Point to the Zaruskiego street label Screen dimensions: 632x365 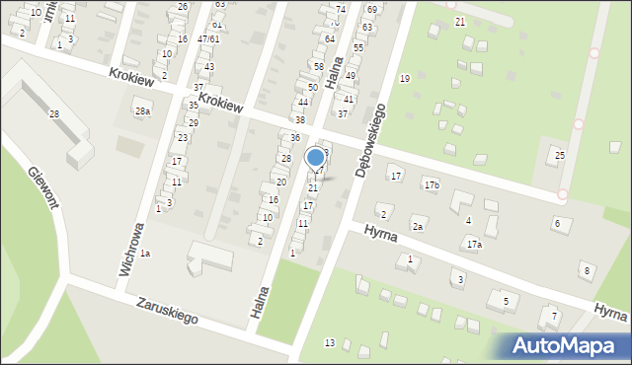click(x=168, y=312)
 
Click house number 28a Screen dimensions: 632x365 click(x=143, y=110)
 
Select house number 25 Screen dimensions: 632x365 click(x=560, y=156)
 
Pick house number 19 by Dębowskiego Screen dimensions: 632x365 click(x=404, y=78)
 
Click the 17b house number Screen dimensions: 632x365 click(x=432, y=184)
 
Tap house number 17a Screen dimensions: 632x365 click(x=474, y=244)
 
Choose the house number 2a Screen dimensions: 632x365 click(x=418, y=227)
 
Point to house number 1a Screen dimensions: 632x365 click(x=145, y=254)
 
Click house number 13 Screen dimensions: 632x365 click(x=330, y=342)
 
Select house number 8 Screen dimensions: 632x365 click(x=587, y=270)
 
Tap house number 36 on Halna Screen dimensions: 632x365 click(x=294, y=137)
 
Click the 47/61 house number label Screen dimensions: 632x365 click(x=207, y=38)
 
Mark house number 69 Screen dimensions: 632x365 click(x=371, y=9)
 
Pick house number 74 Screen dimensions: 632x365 click(x=340, y=9)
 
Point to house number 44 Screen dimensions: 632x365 click(x=303, y=103)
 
